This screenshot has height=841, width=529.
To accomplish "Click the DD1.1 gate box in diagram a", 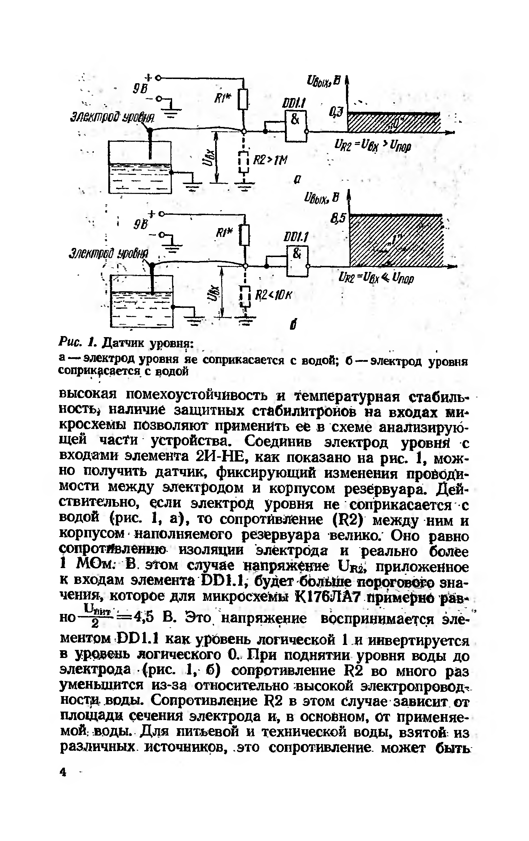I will click(x=296, y=126).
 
